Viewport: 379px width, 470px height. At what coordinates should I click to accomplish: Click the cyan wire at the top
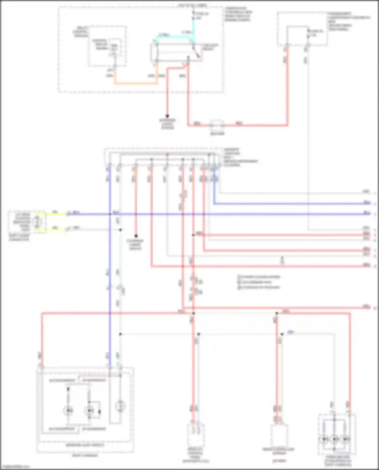(x=174, y=37)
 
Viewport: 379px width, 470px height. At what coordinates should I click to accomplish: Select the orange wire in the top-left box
(x=136, y=83)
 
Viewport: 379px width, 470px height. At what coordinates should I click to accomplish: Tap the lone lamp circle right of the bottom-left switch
(x=120, y=406)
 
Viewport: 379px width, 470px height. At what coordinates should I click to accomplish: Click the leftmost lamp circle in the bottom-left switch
(x=68, y=411)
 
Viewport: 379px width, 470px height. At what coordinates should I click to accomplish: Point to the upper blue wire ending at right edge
(x=291, y=203)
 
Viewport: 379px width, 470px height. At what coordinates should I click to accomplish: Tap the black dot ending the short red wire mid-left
(x=136, y=236)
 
